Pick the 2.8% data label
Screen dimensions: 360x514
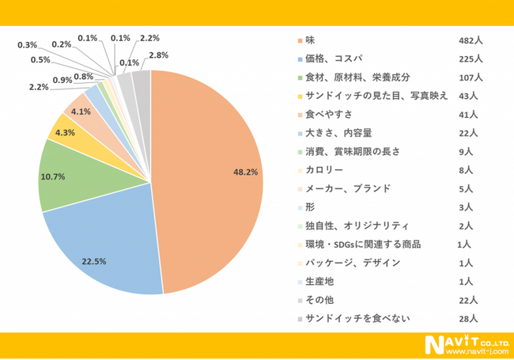[x=158, y=54]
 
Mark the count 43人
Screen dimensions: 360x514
[x=468, y=95]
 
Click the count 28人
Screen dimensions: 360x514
[x=468, y=318]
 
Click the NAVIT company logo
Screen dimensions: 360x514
[x=455, y=342]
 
